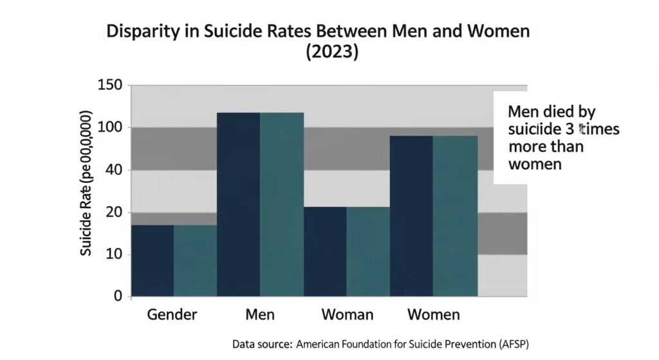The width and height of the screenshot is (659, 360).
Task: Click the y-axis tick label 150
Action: pos(109,86)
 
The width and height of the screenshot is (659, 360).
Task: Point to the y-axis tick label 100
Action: pos(109,128)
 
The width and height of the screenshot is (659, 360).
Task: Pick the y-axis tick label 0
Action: pos(118,296)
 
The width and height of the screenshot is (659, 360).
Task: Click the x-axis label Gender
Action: pos(172,315)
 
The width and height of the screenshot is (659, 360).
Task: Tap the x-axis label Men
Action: pos(260,315)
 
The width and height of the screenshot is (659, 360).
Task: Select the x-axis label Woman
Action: pos(347,315)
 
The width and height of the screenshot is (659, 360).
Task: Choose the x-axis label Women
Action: pos(434,315)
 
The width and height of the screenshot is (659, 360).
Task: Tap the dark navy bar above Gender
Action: pos(152,260)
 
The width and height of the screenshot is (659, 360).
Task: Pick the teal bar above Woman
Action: pos(368,251)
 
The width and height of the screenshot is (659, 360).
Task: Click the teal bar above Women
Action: pos(455,216)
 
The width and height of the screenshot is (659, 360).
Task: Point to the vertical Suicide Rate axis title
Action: pos(86,183)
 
